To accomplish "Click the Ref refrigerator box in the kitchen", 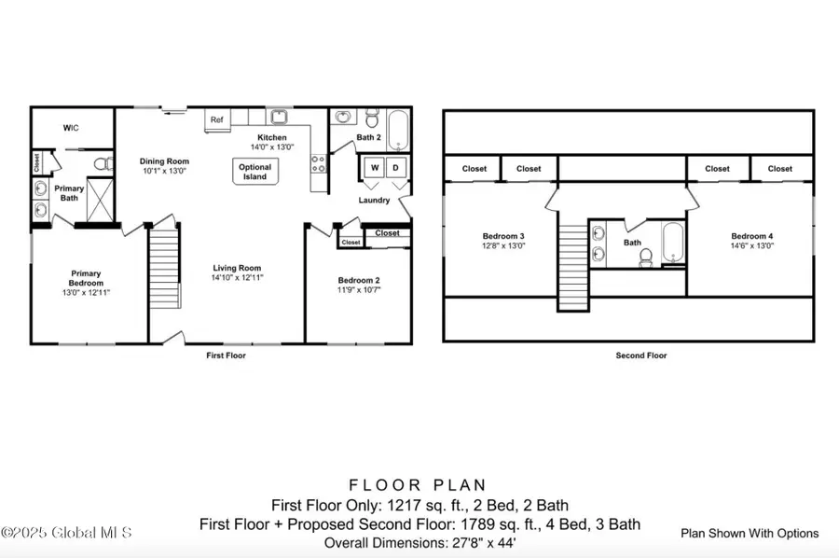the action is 217,120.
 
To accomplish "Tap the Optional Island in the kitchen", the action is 255,172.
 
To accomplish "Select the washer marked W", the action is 375,168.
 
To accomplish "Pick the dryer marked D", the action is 396,168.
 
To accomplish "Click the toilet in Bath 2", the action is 372,118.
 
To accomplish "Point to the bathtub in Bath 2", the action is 398,130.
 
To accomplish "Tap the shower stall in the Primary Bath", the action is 100,200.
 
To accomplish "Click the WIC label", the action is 71,128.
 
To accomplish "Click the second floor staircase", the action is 573,267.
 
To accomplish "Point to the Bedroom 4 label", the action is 751,236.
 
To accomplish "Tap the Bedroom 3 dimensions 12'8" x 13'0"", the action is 503,245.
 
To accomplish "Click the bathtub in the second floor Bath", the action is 672,242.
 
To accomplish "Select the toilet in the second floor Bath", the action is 646,258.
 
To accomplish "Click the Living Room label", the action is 237,268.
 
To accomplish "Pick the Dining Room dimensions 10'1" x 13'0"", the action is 164,171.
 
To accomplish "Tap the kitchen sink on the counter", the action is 278,117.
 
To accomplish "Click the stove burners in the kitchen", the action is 319,164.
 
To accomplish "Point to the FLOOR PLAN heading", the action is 418,485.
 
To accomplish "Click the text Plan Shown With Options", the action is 750,534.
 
